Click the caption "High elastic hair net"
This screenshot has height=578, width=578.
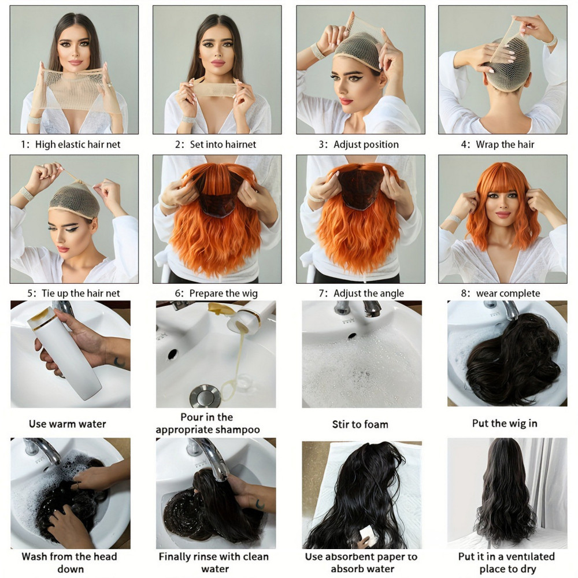coord(78,144)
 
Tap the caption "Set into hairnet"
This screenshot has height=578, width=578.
coord(223,144)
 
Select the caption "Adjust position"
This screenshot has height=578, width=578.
coord(366,144)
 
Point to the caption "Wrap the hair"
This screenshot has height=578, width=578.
coord(505,144)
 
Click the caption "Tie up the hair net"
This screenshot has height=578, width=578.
coord(81,294)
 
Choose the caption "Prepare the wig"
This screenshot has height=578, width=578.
coord(223,294)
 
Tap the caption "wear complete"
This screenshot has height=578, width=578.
coord(508,294)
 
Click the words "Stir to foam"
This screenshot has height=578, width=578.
coord(360,424)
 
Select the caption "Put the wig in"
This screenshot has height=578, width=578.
coord(505,424)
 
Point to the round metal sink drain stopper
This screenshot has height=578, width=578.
coord(205,397)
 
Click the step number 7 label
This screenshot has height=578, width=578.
coord(323,294)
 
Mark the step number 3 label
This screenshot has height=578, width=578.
coord(323,144)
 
